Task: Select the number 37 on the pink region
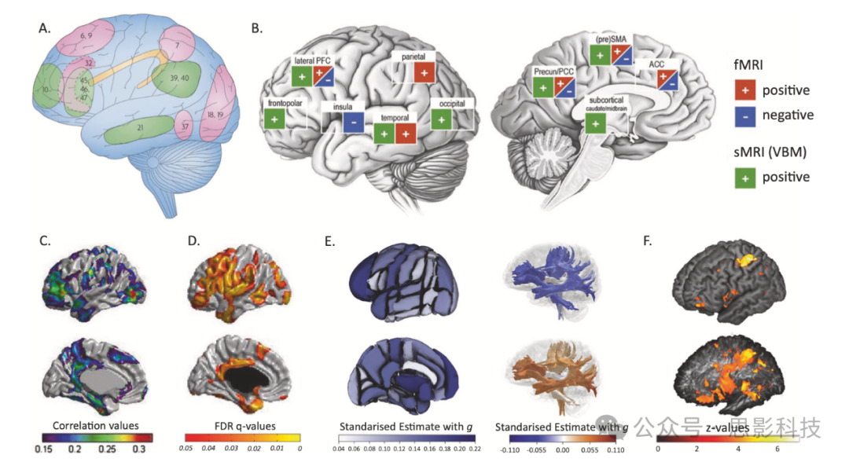pos(186,126)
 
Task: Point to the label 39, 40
pos(180,80)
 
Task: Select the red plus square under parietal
pos(424,72)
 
